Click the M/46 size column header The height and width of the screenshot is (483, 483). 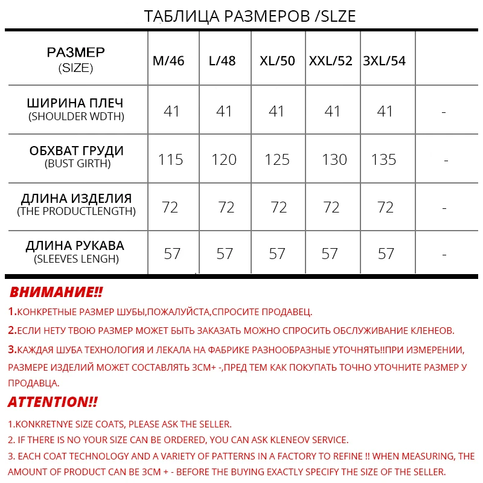(x=168, y=61)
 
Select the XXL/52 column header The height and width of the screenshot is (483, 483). (x=331, y=61)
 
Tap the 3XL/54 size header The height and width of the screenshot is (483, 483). (x=385, y=61)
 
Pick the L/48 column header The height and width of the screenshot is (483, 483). (x=222, y=61)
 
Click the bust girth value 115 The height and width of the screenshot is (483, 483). (x=171, y=159)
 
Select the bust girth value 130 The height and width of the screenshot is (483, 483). (x=334, y=159)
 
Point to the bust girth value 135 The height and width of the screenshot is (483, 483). (x=384, y=159)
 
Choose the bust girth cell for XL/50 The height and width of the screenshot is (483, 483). (x=277, y=159)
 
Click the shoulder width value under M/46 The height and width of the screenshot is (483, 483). (x=172, y=111)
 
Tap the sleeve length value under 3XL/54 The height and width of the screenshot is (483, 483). (x=386, y=254)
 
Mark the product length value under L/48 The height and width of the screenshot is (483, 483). (x=226, y=207)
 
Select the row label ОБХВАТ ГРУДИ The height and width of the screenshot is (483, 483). (x=77, y=151)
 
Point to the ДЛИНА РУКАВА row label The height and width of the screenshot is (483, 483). (x=75, y=246)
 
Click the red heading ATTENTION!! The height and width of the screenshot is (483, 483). (x=53, y=402)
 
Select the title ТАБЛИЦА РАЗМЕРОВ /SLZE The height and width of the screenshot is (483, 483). (x=250, y=16)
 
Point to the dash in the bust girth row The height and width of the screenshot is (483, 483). (x=446, y=161)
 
